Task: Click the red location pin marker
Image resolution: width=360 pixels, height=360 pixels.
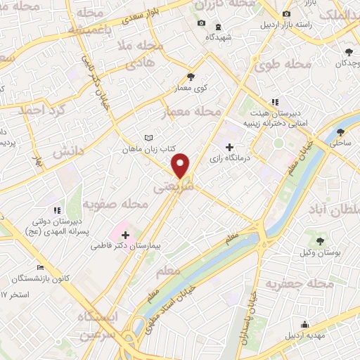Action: pos(181,165)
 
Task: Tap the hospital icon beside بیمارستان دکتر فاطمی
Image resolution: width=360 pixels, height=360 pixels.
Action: pos(124,235)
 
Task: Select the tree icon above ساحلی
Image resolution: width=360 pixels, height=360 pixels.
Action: pos(341,131)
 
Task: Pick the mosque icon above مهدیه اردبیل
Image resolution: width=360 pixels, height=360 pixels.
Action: pos(304,324)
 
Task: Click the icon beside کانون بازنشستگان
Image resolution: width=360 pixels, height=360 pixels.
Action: pos(40,268)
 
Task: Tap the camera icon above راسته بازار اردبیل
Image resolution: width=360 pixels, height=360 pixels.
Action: pos(285,15)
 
